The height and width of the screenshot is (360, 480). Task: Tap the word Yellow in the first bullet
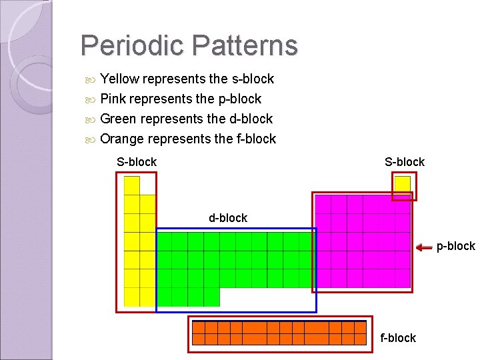coord(119,79)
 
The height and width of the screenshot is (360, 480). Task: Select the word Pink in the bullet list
coord(113,99)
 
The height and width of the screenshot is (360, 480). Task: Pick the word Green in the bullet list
coord(118,119)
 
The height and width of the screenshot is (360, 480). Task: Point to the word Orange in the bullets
coord(122,139)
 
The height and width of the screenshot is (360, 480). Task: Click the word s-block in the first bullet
coord(252,79)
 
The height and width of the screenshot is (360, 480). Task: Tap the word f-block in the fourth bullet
coord(254,139)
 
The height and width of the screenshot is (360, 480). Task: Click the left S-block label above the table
coord(137,162)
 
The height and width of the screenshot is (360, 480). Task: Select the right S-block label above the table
coord(405,162)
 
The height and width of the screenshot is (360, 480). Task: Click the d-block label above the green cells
coord(228,218)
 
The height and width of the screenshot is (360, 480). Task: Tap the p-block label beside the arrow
coord(456,247)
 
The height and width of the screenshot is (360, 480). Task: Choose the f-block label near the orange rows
coord(398,338)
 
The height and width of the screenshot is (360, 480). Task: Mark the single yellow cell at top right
coord(402,184)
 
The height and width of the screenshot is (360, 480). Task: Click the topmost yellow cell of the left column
coord(132,185)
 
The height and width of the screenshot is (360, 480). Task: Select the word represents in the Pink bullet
coord(162,99)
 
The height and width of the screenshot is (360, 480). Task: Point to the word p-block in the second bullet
coord(239,99)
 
